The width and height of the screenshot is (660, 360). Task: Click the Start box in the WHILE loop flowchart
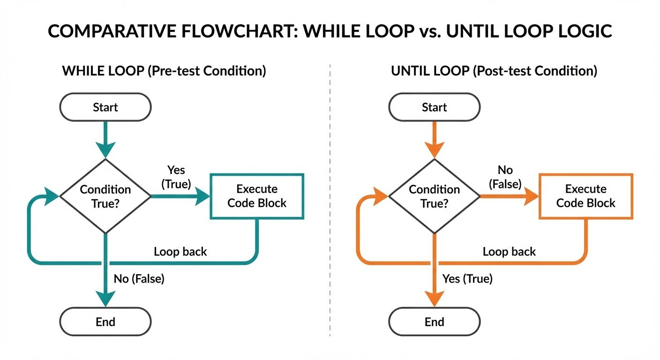point(105,107)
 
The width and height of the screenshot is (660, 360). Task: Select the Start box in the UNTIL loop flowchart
point(435,107)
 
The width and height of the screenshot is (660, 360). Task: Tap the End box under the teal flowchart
point(105,322)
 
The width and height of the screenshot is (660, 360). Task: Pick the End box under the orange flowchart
point(435,322)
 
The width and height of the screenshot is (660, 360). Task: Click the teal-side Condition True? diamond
point(105,196)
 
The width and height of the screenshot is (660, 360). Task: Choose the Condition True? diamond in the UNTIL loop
point(435,196)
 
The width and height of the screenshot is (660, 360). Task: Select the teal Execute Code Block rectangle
point(257,196)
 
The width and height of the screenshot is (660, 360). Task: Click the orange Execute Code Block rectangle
point(586,196)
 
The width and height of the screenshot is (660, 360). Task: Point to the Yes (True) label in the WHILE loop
point(176,177)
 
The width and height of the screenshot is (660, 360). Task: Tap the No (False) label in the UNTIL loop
point(505,177)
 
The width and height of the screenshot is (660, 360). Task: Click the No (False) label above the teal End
point(139,279)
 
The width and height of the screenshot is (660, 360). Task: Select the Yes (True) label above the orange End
point(467,279)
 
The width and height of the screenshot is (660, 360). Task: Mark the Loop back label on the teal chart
point(180,252)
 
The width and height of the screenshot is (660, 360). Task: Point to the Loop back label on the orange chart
point(509,252)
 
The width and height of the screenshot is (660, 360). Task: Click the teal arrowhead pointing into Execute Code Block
point(202,197)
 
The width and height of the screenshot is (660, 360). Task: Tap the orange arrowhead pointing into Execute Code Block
point(531,197)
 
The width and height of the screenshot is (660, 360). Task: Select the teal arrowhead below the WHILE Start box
point(105,150)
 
